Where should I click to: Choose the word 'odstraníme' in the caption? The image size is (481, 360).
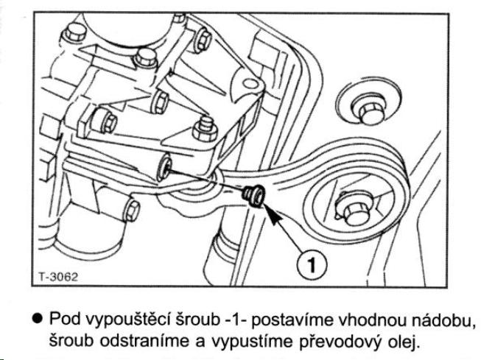click(x=145, y=339)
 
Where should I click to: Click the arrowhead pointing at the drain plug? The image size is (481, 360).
click(x=269, y=212)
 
